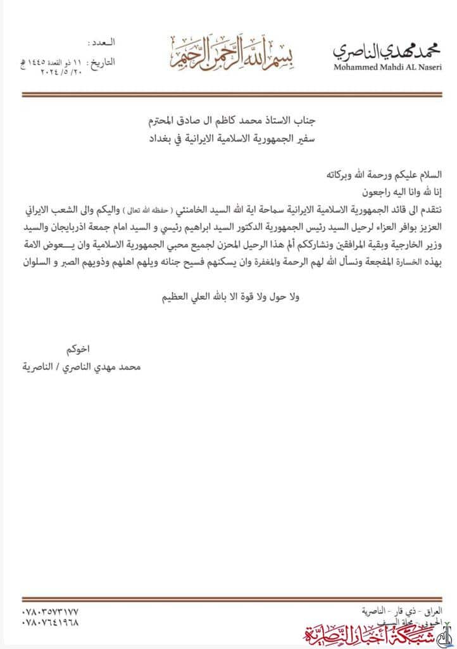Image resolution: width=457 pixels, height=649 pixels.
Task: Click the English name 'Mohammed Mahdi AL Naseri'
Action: (x=387, y=67)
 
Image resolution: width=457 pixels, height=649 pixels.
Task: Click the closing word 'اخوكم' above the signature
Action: (x=79, y=349)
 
